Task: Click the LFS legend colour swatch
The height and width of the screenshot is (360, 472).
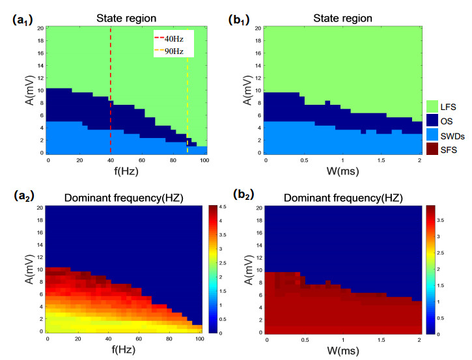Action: [432, 105]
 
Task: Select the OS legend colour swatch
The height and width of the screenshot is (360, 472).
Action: [432, 120]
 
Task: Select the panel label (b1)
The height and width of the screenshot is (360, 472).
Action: [242, 20]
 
